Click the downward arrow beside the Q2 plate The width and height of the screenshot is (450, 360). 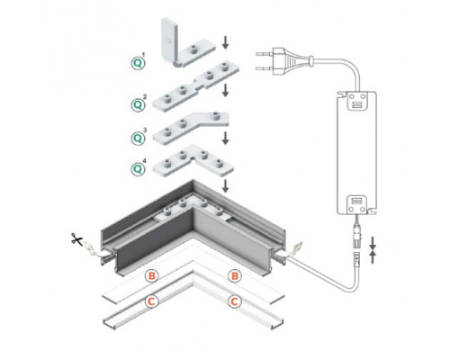click(x=226, y=91)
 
